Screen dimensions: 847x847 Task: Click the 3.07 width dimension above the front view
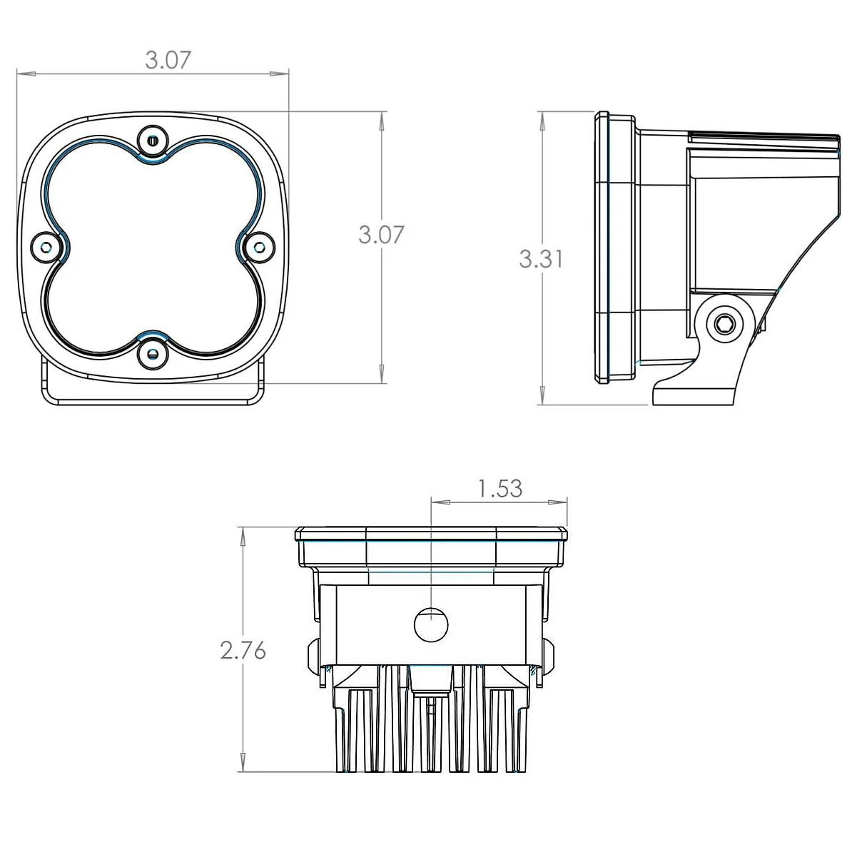[168, 60]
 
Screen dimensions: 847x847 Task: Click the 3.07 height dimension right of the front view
[381, 235]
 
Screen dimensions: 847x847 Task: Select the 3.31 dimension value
[542, 259]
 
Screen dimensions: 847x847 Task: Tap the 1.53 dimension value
[499, 489]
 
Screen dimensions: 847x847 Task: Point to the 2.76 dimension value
[243, 651]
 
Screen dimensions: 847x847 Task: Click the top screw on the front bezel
[153, 140]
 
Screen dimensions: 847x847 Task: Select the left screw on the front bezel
[46, 247]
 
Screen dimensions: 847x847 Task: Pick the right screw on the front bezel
[258, 247]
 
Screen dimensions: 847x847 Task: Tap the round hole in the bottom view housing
[432, 625]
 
